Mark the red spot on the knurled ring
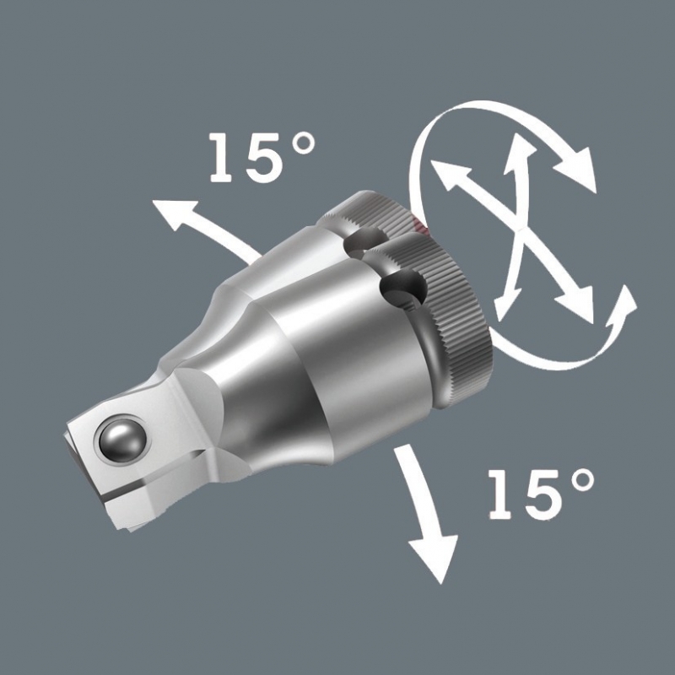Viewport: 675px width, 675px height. click(x=419, y=224)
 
